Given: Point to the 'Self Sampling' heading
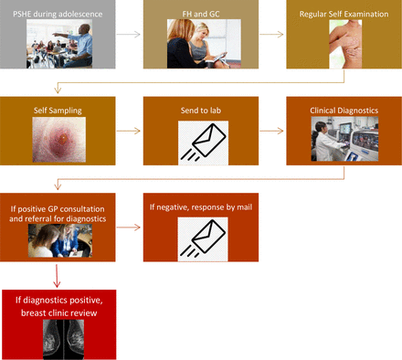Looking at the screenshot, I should click(x=58, y=111).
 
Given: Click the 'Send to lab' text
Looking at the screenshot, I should click(x=201, y=111).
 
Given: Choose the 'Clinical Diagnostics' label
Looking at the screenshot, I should click(x=344, y=111).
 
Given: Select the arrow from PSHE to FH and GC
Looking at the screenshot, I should click(x=129, y=36).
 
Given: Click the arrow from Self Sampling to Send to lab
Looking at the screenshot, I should click(x=129, y=131).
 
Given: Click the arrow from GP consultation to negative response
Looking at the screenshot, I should click(x=129, y=227).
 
